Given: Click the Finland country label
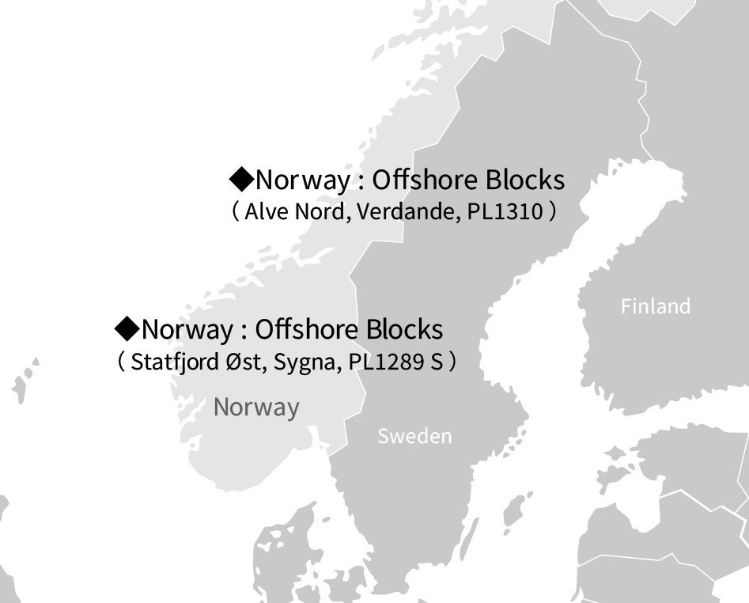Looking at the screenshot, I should coord(655,306).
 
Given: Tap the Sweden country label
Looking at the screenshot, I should coord(414,436).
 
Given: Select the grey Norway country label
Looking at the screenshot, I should coord(256,408).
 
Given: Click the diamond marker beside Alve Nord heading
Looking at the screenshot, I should coord(240,179).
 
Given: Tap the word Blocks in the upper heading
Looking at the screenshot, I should coord(525,180).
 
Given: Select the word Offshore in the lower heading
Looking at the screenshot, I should coord(308,328).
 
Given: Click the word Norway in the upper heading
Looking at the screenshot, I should coord(301,180).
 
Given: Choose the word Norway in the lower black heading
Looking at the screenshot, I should coord(187,328).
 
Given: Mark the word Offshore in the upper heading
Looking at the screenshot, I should coord(425,180).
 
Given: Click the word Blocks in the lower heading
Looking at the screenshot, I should coord(405,328).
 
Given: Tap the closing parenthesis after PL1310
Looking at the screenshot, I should coord(552,212).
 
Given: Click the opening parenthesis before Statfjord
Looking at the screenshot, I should coord(120,362).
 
